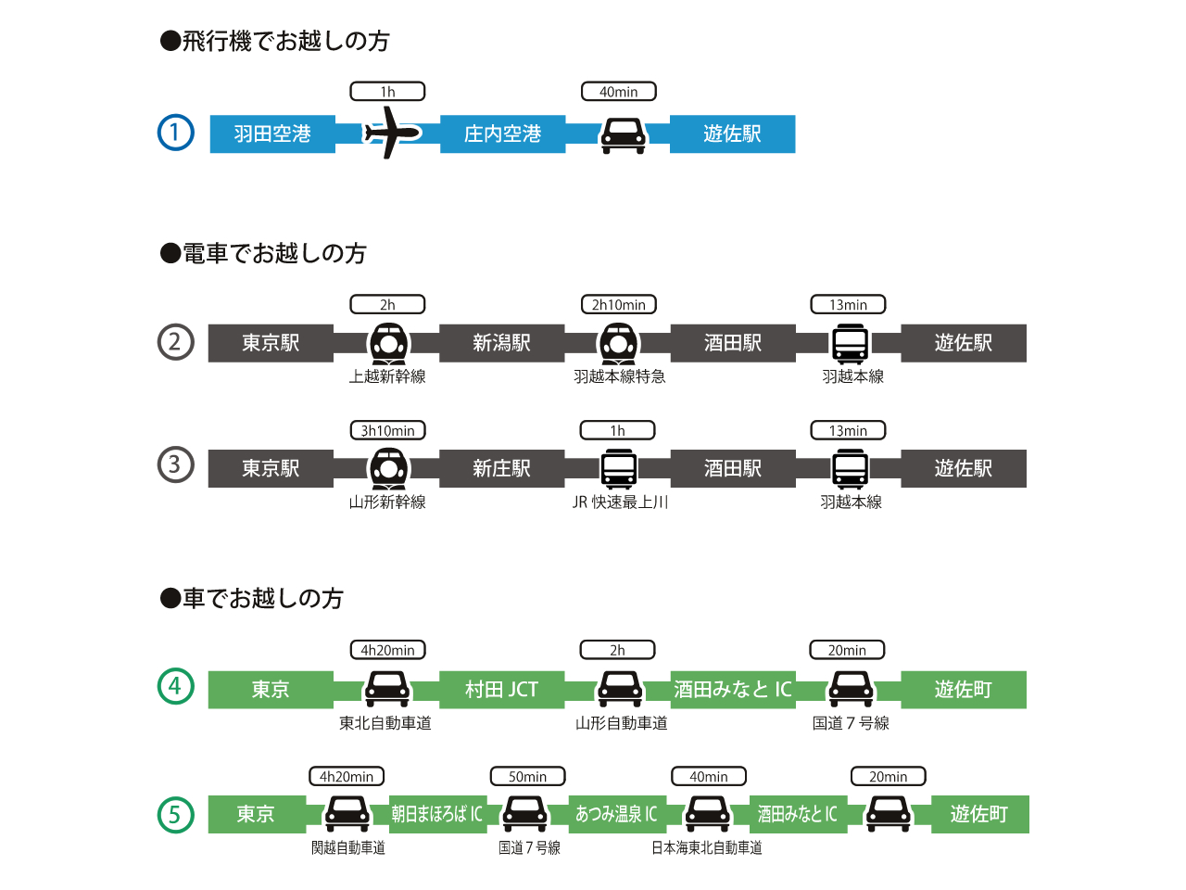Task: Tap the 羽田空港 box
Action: click(x=272, y=133)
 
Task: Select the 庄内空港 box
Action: click(x=502, y=133)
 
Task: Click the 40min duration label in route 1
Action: click(x=618, y=92)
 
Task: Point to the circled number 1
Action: click(x=176, y=133)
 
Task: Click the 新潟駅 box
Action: click(x=501, y=343)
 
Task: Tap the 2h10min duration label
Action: click(x=618, y=305)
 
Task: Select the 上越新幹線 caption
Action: click(x=387, y=376)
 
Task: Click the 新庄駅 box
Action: click(x=501, y=468)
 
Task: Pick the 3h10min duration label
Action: click(x=387, y=431)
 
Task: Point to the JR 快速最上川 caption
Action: click(x=620, y=502)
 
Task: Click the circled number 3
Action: click(x=176, y=464)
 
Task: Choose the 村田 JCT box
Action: click(x=501, y=690)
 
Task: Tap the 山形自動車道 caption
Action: click(x=621, y=723)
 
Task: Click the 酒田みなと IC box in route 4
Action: click(x=733, y=690)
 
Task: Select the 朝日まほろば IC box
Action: click(x=436, y=814)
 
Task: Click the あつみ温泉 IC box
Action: click(x=616, y=814)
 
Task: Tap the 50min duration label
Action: click(x=527, y=777)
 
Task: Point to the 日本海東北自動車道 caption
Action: click(x=706, y=848)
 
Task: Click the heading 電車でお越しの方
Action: click(x=264, y=253)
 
